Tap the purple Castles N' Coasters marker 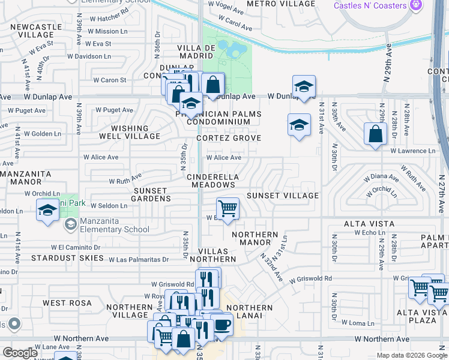pyautogui.click(x=415, y=5)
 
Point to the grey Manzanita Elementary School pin pyautogui.click(x=70, y=224)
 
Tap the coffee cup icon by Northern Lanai pyautogui.click(x=221, y=325)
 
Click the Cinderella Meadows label pyautogui.click(x=212, y=181)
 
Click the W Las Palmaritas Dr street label pyautogui.click(x=138, y=259)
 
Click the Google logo pyautogui.click(x=20, y=353)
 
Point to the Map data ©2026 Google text pyautogui.click(x=411, y=355)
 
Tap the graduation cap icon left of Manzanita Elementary pyautogui.click(x=48, y=210)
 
